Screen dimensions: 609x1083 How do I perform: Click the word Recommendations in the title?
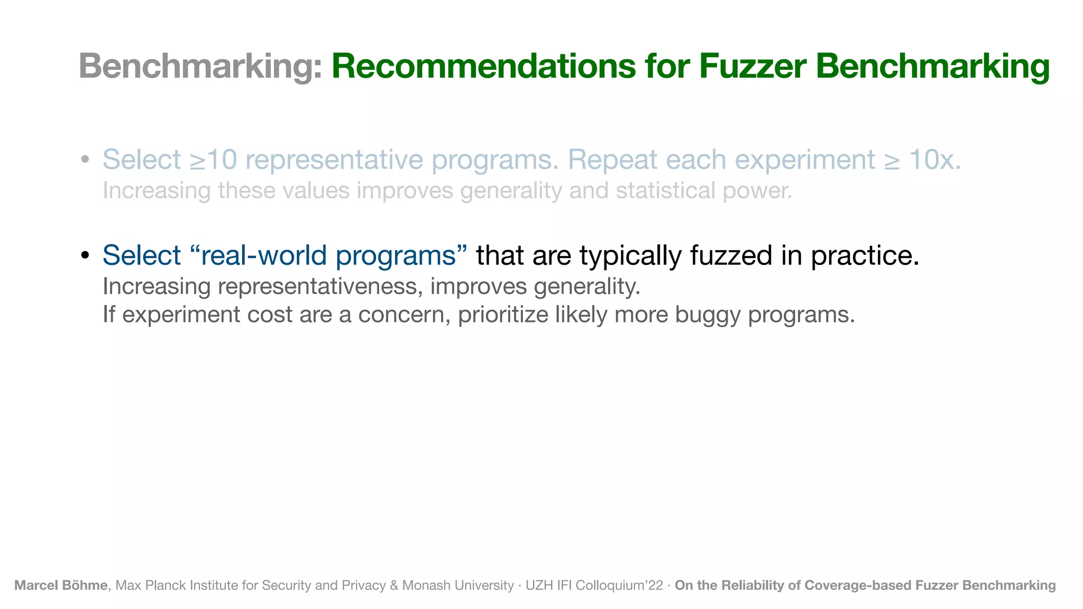pos(483,67)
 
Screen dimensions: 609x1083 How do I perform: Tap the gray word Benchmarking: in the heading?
pos(200,67)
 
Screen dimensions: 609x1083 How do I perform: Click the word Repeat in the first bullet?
pos(612,160)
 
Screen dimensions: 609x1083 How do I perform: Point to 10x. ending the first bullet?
pos(934,160)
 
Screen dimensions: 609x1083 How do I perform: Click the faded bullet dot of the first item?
pos(85,160)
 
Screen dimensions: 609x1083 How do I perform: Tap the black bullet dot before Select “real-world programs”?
pos(85,256)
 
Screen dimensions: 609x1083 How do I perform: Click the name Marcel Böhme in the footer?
pos(61,585)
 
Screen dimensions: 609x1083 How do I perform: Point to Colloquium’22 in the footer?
pos(619,585)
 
